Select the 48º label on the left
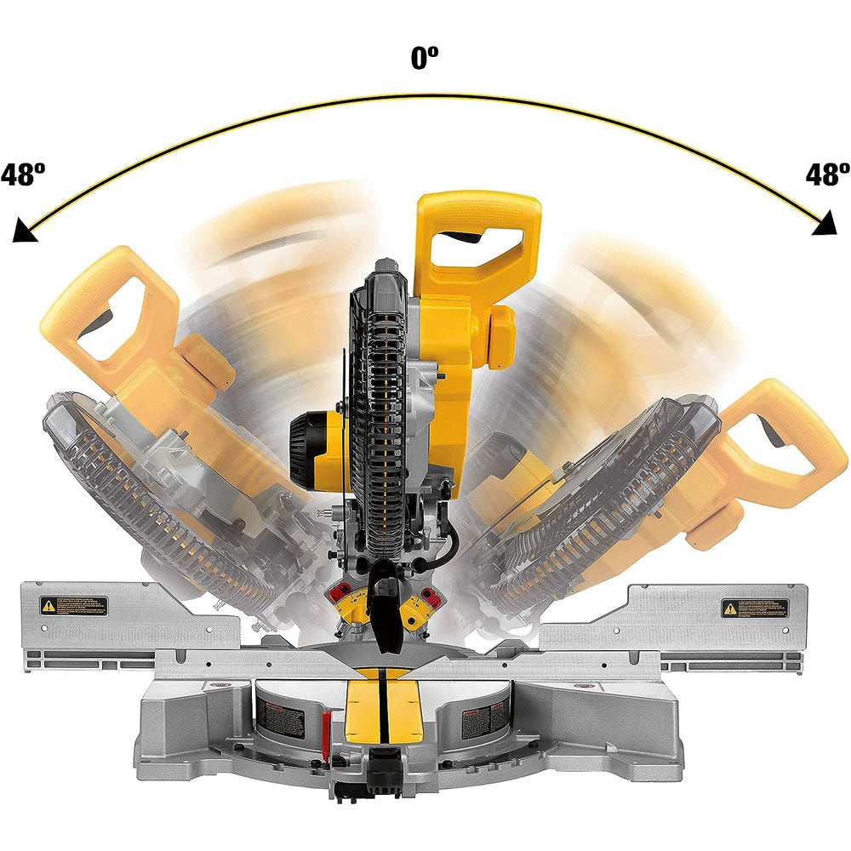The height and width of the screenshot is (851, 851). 23,175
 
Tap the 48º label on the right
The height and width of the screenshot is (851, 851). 827,175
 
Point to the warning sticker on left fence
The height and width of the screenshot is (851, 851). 73,606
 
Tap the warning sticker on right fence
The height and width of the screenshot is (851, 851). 754,608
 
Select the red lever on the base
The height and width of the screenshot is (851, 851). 326,728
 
